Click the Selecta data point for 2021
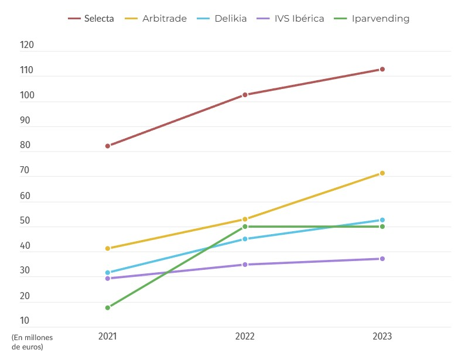click(108, 146)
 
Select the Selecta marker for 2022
click(245, 95)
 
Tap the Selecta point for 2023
click(382, 69)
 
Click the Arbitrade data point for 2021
click(108, 248)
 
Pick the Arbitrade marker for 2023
click(382, 173)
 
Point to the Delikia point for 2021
click(108, 273)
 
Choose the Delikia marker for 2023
click(382, 220)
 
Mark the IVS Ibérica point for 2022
click(245, 265)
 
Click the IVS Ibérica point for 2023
click(382, 259)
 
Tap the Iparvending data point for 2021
click(108, 308)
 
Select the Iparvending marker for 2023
click(382, 227)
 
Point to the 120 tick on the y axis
click(27, 46)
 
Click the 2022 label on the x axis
click(245, 337)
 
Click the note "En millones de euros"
click(32, 342)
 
